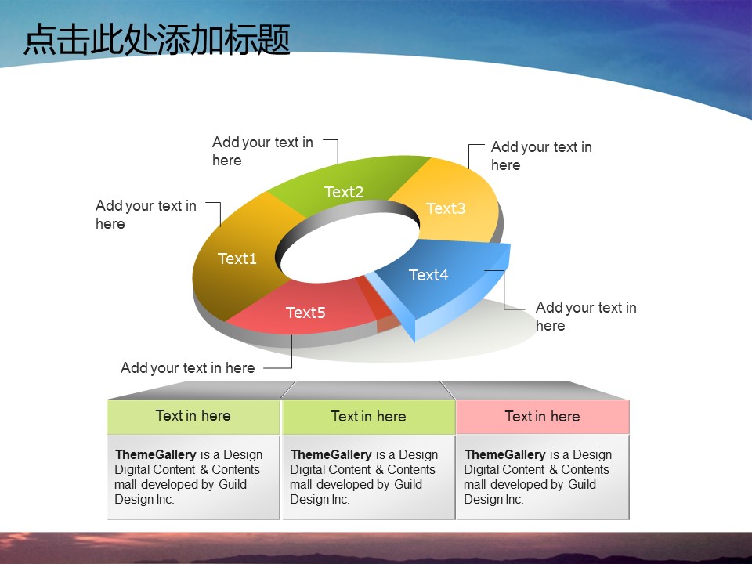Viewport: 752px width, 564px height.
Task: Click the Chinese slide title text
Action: click(x=157, y=39)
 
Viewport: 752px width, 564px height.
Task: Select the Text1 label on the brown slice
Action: click(x=237, y=258)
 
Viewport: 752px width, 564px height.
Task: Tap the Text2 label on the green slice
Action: click(x=344, y=192)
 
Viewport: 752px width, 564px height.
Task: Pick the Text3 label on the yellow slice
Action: click(x=446, y=208)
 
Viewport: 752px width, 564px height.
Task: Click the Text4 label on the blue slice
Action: click(x=428, y=275)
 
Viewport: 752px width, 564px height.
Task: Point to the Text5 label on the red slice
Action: click(x=305, y=313)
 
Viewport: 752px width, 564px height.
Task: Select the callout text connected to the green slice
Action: click(x=262, y=151)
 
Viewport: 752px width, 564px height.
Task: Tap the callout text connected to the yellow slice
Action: click(x=541, y=156)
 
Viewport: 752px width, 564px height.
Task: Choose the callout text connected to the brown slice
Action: click(x=146, y=215)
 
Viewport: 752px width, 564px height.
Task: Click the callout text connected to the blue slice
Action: click(x=586, y=316)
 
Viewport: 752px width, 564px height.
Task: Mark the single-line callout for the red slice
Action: click(x=187, y=368)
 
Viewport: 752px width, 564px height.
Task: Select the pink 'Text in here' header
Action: click(x=542, y=416)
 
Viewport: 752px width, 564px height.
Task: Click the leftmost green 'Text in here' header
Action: click(x=193, y=416)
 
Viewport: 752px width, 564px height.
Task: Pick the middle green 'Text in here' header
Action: click(x=368, y=416)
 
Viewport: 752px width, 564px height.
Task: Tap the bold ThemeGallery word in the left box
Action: click(x=156, y=454)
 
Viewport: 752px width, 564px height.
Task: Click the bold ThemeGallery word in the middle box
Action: click(x=331, y=454)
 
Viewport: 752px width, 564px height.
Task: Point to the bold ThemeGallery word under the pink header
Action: click(x=505, y=454)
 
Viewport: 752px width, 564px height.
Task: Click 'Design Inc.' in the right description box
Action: click(x=493, y=499)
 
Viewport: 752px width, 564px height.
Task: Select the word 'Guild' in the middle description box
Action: click(x=408, y=484)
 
